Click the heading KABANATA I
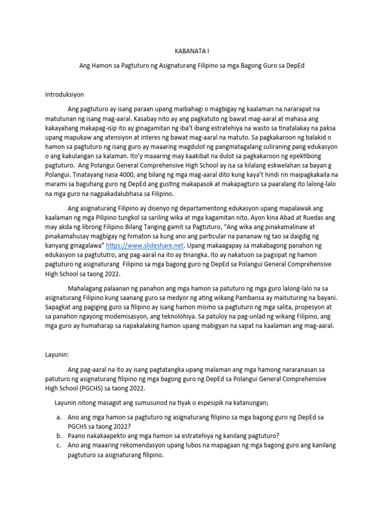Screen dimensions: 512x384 pyautogui.click(x=191, y=50)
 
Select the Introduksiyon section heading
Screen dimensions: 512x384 pyautogui.click(x=64, y=93)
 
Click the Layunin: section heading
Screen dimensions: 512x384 pyautogui.click(x=56, y=354)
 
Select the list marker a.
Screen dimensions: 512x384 pyautogui.click(x=58, y=417)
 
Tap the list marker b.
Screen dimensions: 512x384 pyautogui.click(x=58, y=435)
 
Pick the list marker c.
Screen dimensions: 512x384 pyautogui.click(x=58, y=445)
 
